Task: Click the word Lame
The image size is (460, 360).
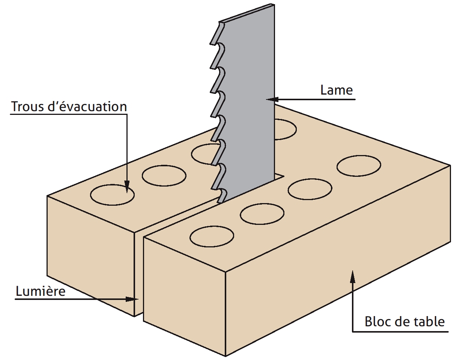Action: pyautogui.click(x=337, y=90)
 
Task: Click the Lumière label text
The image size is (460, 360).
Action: pyautogui.click(x=41, y=291)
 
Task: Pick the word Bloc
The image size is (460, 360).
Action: pyautogui.click(x=379, y=321)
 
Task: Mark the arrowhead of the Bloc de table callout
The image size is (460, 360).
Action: pyautogui.click(x=352, y=276)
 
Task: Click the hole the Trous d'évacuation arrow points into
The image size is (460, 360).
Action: pyautogui.click(x=113, y=195)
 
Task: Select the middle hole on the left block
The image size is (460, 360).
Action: pyautogui.click(x=164, y=176)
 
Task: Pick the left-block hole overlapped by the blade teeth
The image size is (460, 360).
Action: pyautogui.click(x=203, y=154)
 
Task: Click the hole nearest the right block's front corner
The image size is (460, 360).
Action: pyautogui.click(x=212, y=236)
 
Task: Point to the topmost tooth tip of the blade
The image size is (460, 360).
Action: pyautogui.click(x=211, y=44)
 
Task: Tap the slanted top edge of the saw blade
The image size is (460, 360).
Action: pyautogui.click(x=247, y=13)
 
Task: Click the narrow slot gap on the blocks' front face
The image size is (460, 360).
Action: pyautogui.click(x=139, y=273)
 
